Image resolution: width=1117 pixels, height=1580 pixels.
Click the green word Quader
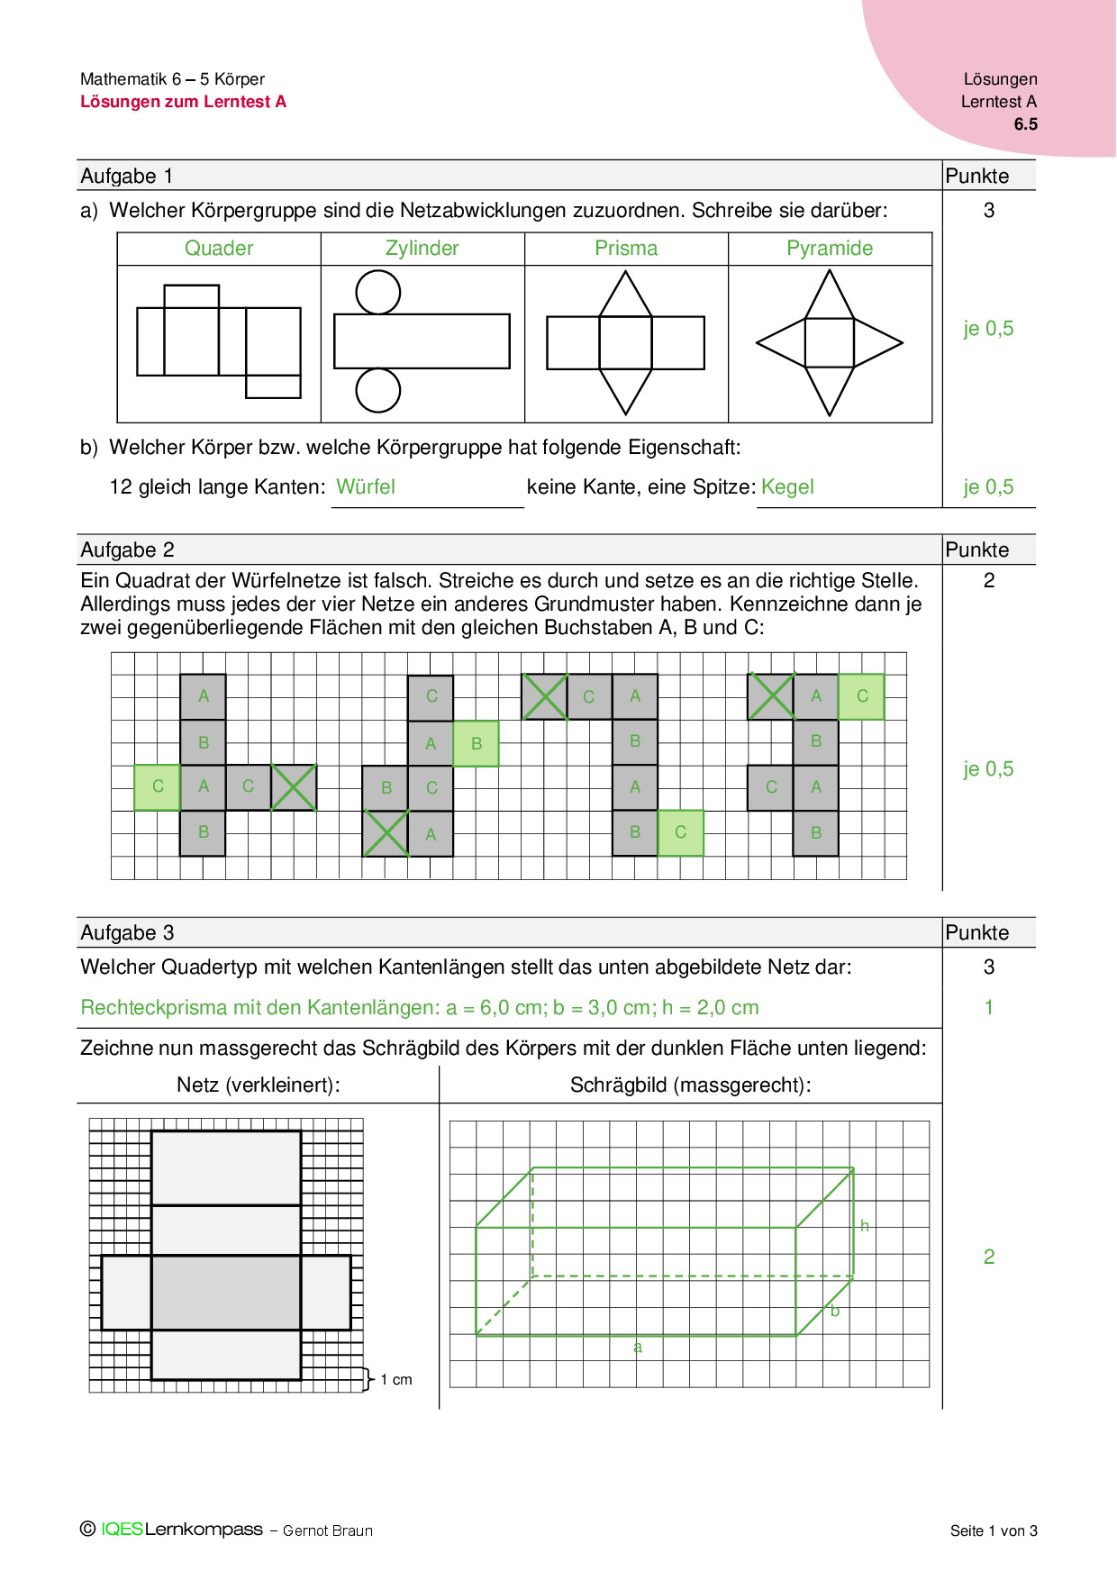[219, 249]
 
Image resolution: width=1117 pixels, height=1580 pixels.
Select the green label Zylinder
[422, 249]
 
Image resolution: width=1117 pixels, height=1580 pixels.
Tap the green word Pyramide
[830, 249]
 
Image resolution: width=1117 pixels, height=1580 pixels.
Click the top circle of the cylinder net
[378, 292]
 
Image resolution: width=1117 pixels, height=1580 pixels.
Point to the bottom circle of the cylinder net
[378, 390]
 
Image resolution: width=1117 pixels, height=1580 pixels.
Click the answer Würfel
[366, 487]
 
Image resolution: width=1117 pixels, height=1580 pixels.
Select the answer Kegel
[787, 487]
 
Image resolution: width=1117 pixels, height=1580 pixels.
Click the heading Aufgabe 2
[128, 550]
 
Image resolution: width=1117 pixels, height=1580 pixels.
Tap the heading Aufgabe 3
[128, 933]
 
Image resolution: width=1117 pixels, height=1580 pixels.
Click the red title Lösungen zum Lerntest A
[184, 102]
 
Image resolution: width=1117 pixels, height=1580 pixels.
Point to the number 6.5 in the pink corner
[1025, 124]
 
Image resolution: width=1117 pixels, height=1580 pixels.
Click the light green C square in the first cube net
[158, 786]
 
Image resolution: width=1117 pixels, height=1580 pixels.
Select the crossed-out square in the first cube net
[294, 787]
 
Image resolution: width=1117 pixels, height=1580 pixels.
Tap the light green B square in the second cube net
[476, 743]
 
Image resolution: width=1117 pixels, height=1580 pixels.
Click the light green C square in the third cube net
[680, 832]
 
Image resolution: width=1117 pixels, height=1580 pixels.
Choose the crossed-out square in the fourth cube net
[771, 696]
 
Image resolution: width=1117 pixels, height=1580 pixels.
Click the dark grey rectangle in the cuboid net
[225, 1293]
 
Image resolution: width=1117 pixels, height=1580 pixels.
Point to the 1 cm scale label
[395, 1380]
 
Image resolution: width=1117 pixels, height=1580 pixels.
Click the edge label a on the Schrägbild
[638, 1348]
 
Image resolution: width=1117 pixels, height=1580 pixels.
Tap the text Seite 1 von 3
[994, 1530]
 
